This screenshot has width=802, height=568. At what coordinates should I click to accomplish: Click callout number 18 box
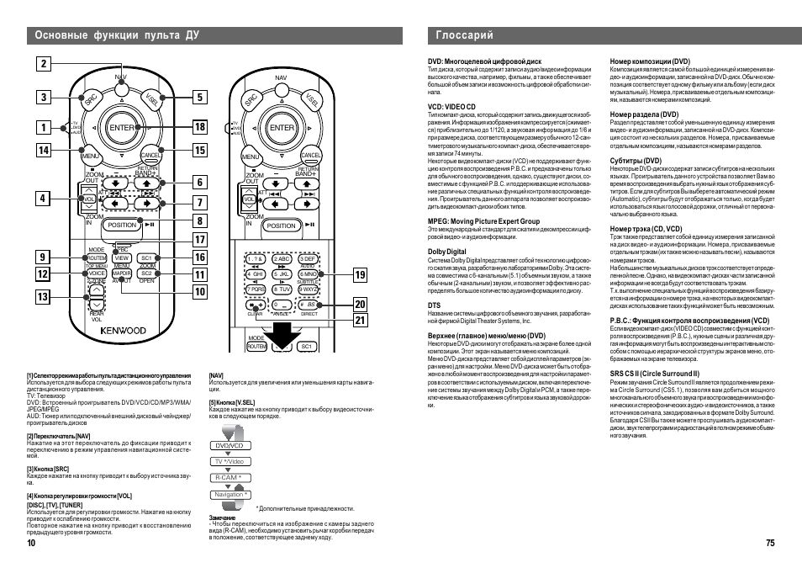[x=199, y=127]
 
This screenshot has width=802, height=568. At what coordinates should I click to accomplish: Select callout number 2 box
[x=44, y=63]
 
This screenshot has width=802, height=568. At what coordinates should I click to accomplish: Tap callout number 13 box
[x=44, y=296]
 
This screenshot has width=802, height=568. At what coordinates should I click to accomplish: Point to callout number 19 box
[x=360, y=274]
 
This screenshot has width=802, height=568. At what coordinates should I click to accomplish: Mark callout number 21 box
[x=360, y=319]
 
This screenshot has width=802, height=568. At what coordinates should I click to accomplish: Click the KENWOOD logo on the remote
[x=124, y=332]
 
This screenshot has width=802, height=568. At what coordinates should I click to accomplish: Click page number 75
[x=769, y=544]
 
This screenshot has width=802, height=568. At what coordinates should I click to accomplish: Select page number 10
[x=31, y=544]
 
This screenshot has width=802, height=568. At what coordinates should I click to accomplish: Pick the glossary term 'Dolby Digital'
[x=446, y=252]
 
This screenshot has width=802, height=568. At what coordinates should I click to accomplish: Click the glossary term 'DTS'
[x=435, y=305]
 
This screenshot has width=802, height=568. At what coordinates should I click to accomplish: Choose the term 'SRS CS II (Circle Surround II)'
[x=654, y=373]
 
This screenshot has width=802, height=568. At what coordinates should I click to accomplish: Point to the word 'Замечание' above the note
[x=224, y=518]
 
